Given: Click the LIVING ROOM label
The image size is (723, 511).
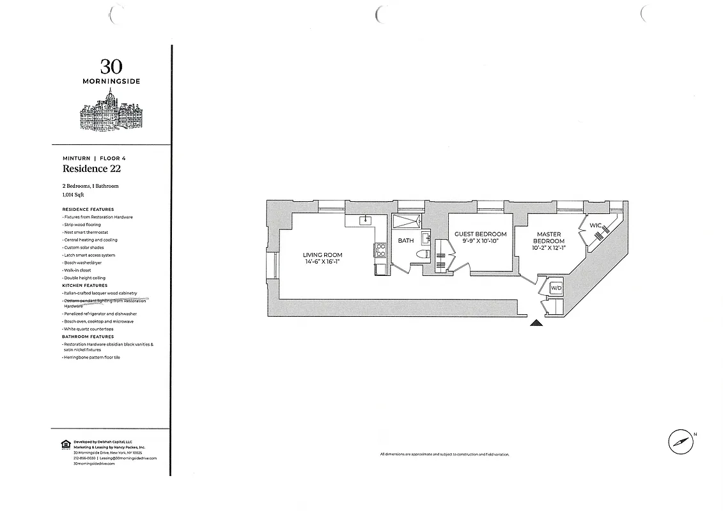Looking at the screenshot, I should [320, 255].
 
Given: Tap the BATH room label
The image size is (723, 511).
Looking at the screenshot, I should [406, 241].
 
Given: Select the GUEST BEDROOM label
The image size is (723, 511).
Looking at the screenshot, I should [480, 234].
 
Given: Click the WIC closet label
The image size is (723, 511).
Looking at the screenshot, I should [595, 225].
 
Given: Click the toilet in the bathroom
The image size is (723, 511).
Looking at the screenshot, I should [421, 254].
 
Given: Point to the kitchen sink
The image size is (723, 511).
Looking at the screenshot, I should [367, 221].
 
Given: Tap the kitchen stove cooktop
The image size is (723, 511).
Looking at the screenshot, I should [380, 249].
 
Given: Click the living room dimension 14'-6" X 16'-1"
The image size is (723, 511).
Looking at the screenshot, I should [320, 261].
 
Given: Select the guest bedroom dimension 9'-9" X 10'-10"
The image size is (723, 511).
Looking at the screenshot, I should [480, 241].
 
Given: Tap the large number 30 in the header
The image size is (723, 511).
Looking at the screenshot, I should [111, 66].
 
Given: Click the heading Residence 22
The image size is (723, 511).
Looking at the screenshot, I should [91, 169].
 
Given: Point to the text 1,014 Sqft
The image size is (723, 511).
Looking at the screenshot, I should [73, 194].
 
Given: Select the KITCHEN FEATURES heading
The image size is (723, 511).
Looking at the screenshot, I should [84, 286].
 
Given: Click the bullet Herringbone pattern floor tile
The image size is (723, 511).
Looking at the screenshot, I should [92, 357].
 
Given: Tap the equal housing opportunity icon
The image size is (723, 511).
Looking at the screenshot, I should [65, 444].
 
